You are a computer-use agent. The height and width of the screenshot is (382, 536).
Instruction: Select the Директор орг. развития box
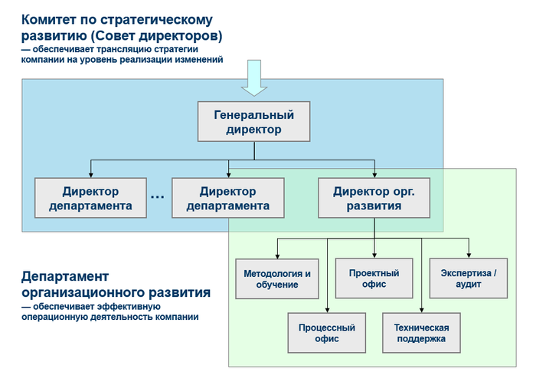(374, 198)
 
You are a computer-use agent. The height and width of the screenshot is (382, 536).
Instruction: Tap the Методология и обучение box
(277, 279)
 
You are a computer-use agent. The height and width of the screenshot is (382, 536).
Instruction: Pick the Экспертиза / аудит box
(468, 278)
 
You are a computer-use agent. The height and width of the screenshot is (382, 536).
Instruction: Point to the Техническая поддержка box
(421, 332)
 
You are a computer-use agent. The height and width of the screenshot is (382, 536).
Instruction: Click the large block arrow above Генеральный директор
(254, 79)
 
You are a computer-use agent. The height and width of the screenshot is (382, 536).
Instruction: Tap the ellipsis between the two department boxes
(158, 197)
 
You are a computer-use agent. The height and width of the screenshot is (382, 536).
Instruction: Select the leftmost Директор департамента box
(90, 198)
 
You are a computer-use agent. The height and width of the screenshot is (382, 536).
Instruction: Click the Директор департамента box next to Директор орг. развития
(228, 198)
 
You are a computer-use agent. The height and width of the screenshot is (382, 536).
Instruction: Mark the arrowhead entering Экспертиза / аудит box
(469, 255)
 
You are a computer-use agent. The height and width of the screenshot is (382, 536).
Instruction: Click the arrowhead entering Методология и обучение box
(277, 255)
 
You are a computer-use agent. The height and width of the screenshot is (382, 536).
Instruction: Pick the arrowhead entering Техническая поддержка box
(421, 309)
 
